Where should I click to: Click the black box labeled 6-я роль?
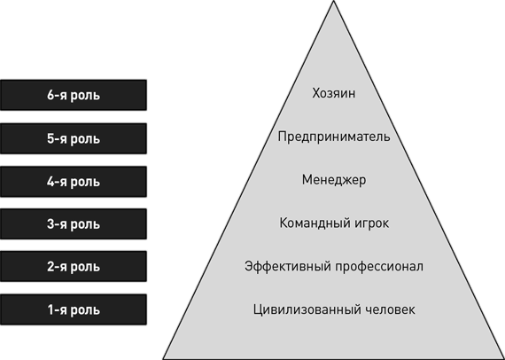pyautogui.click(x=74, y=95)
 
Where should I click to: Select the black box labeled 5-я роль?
pyautogui.click(x=74, y=138)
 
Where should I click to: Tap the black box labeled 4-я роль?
pyautogui.click(x=74, y=182)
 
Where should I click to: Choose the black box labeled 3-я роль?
pyautogui.click(x=74, y=224)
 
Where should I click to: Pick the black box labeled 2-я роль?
pyautogui.click(x=74, y=267)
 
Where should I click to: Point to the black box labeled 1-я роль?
pyautogui.click(x=74, y=309)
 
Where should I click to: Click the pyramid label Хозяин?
pyautogui.click(x=334, y=93)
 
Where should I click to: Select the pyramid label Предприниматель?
pyautogui.click(x=334, y=137)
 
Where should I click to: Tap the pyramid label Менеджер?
pyautogui.click(x=334, y=180)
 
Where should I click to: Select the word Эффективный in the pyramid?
pyautogui.click(x=287, y=267)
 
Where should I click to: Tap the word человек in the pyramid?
pyautogui.click(x=391, y=309)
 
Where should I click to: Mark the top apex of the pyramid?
pyautogui.click(x=334, y=1)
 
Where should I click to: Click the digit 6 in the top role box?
pyautogui.click(x=50, y=95)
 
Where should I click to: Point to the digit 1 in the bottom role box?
pyautogui.click(x=51, y=309)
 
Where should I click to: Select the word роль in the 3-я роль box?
pyautogui.click(x=85, y=224)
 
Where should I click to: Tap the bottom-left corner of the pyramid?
pyautogui.click(x=163, y=359)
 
